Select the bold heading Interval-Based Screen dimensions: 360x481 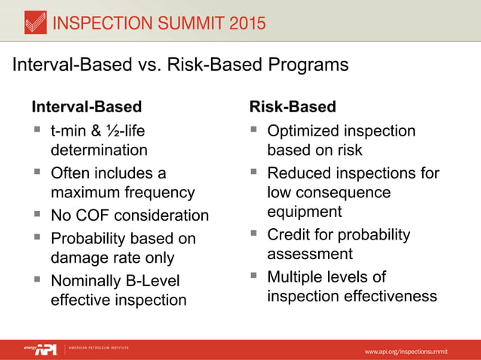click(x=86, y=107)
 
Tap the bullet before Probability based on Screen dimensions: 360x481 click(x=35, y=238)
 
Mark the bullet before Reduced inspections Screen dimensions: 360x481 click(x=254, y=173)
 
